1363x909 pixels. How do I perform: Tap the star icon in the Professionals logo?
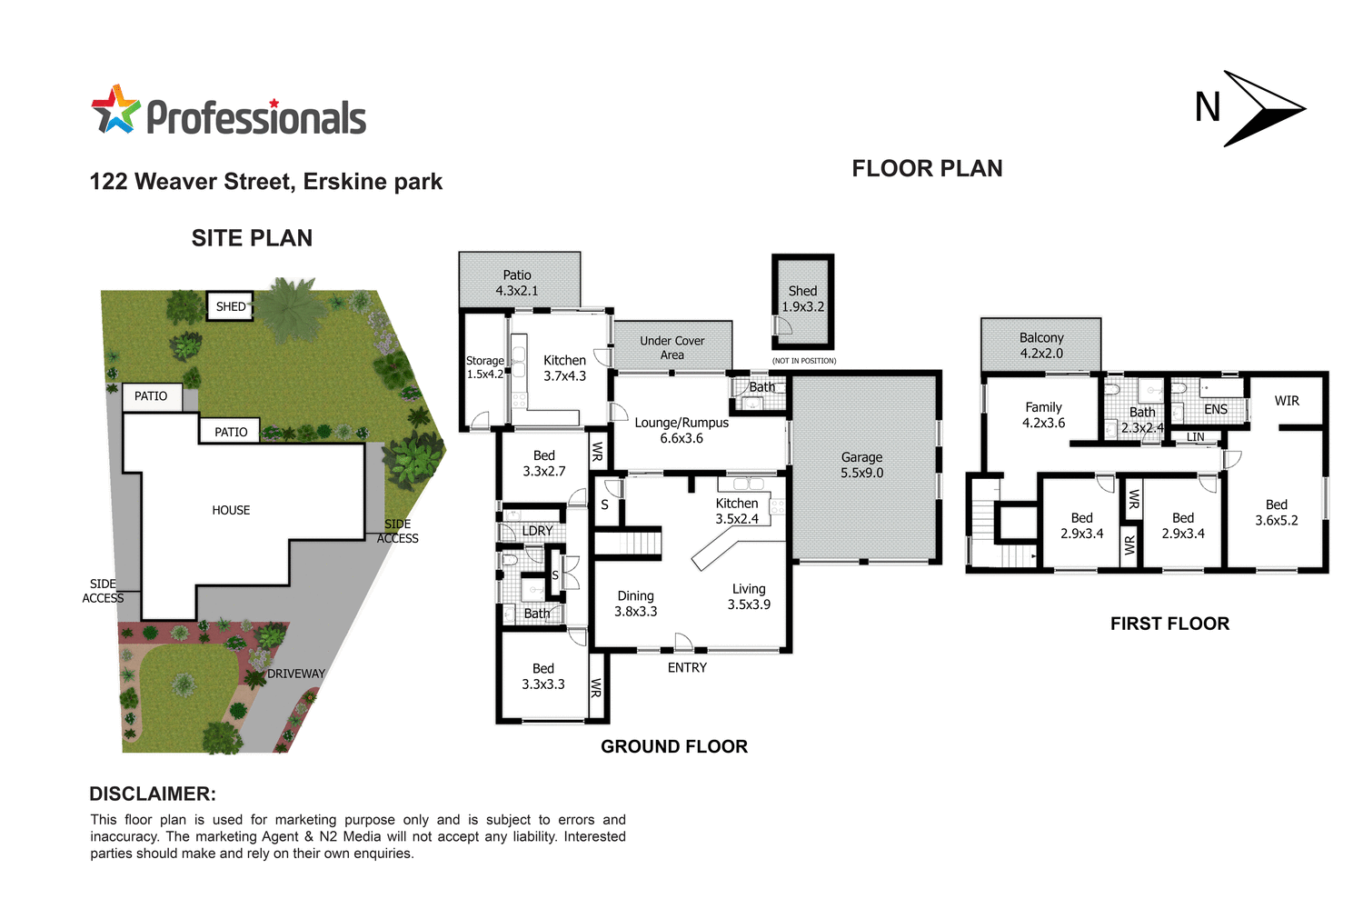[x=115, y=111]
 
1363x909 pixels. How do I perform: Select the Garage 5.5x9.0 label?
[x=861, y=465]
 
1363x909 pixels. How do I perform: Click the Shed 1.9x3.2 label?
[x=802, y=299]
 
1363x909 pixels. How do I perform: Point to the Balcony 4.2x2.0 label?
[x=1041, y=345]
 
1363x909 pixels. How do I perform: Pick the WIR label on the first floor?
[x=1287, y=401]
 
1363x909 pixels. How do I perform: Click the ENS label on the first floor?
[x=1216, y=410]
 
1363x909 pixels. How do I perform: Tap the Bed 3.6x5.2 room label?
[x=1277, y=513]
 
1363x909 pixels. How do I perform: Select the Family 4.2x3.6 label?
[x=1043, y=415]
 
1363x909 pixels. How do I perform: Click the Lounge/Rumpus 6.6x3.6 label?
[x=681, y=430]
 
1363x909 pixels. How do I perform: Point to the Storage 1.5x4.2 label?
[x=485, y=367]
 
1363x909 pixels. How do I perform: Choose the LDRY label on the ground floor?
[x=537, y=531]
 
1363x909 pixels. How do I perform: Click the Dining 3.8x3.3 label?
[x=635, y=604]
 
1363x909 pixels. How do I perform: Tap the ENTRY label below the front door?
[x=687, y=668]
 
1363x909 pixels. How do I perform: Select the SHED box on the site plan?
[x=230, y=307]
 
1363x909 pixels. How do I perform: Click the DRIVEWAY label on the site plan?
[x=296, y=674]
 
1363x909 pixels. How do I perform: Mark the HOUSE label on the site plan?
[x=231, y=511]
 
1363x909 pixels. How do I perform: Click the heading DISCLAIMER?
[x=153, y=794]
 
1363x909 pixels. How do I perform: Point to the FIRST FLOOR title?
[x=1169, y=624]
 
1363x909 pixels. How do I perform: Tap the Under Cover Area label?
[x=672, y=347]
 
